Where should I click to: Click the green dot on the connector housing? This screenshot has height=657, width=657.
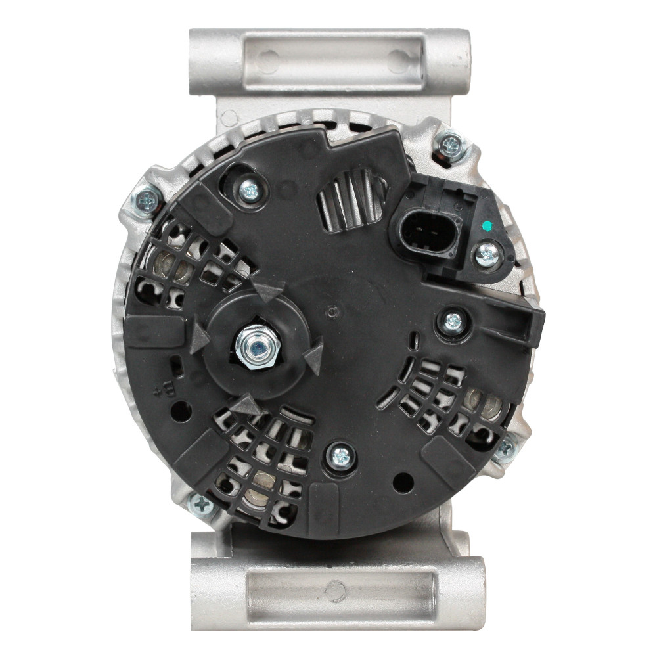(486, 226)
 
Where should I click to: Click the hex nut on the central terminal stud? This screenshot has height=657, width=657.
(257, 347)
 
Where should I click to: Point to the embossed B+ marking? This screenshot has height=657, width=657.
(162, 389)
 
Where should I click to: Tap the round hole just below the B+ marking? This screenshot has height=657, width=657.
(181, 411)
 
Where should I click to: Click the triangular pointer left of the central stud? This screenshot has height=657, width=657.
(198, 336)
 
